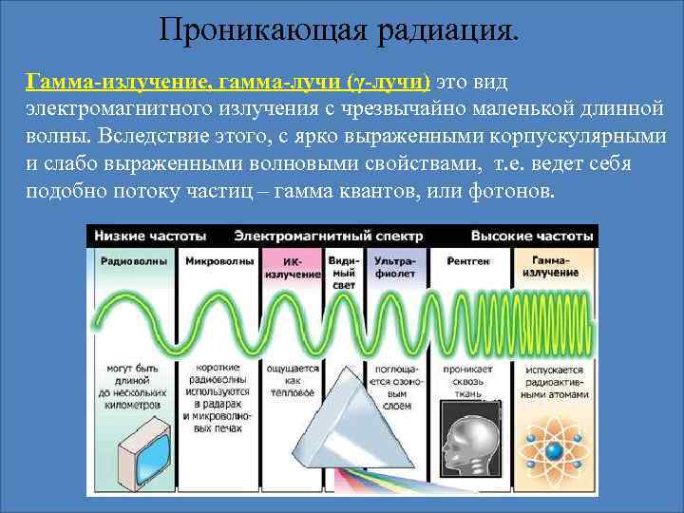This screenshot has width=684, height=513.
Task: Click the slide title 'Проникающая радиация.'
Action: [340, 28]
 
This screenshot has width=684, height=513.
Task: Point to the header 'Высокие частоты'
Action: [533, 235]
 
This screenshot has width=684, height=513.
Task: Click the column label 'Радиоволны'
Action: [134, 260]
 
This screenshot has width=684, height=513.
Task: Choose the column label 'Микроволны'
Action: [219, 260]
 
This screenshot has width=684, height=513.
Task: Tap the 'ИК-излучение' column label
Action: [292, 267]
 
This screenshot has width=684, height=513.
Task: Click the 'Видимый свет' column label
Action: [342, 271]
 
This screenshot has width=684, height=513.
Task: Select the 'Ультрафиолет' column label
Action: [394, 266]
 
